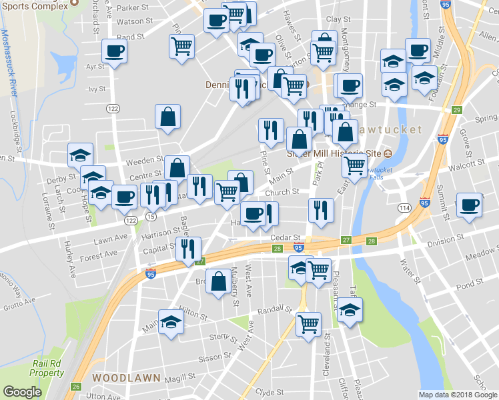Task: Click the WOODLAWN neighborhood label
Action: click(x=126, y=377)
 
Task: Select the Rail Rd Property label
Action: click(x=47, y=368)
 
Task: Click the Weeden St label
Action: click(x=149, y=160)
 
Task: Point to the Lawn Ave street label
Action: click(x=110, y=237)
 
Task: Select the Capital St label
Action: click(x=159, y=250)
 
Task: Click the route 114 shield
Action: click(x=404, y=209)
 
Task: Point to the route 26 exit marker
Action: click(x=76, y=387)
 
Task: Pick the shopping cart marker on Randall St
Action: click(x=308, y=325)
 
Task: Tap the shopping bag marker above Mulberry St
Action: click(x=219, y=281)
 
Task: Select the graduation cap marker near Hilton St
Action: click(x=171, y=321)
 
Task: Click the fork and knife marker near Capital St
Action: click(x=188, y=249)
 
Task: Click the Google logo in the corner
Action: click(x=23, y=392)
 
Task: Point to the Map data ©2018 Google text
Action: click(x=458, y=395)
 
